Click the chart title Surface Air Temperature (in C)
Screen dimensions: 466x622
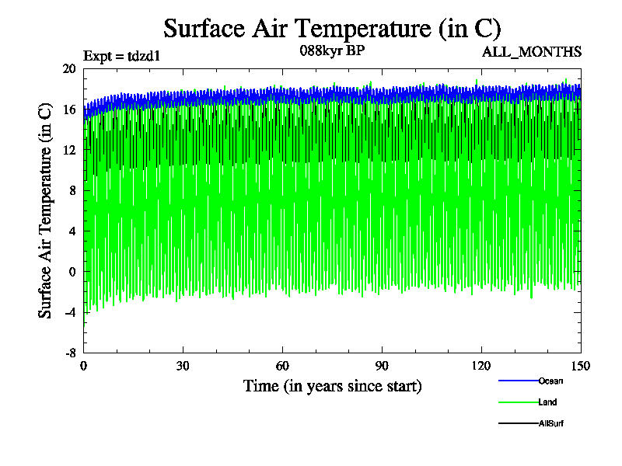coord(332,29)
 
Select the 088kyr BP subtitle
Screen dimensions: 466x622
coord(331,51)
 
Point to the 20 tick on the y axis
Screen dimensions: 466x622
coord(69,68)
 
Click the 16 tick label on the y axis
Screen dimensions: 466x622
coord(69,110)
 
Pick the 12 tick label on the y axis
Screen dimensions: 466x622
coord(69,150)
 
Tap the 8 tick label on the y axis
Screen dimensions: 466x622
coord(72,190)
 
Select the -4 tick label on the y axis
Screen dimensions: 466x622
coord(70,311)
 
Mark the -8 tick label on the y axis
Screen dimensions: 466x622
coord(70,352)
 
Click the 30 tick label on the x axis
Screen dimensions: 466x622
coord(183,367)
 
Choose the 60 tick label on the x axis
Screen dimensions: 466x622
coord(283,367)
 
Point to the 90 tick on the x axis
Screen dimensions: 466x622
coord(382,367)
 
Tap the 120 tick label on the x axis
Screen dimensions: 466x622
coord(481,367)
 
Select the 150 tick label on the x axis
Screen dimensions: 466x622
coord(581,367)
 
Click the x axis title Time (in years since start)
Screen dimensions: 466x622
coord(333,386)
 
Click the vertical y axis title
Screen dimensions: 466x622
coord(46,210)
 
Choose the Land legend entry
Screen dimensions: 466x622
coord(547,402)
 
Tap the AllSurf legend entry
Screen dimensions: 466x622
coord(550,423)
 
